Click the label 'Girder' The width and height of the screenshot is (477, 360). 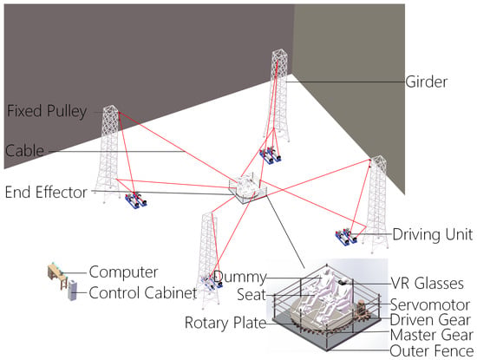[x=426, y=82]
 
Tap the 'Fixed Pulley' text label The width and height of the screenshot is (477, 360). [x=47, y=111]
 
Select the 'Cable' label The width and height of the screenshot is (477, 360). [x=24, y=151]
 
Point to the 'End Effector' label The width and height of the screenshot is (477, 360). [x=46, y=193]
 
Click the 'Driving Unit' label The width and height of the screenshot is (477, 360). [x=433, y=234]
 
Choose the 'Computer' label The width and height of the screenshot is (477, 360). [x=123, y=272]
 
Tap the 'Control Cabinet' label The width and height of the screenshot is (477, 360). [x=143, y=293]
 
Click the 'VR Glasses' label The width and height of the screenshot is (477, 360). [x=427, y=284]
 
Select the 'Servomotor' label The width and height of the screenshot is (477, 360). [x=430, y=305]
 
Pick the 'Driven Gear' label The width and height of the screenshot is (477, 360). [x=430, y=320]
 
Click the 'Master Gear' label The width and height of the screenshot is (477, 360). [x=432, y=335]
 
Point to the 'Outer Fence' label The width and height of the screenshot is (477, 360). [x=431, y=350]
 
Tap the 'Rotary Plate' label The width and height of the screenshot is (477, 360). [x=225, y=323]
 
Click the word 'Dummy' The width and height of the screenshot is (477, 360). [x=240, y=278]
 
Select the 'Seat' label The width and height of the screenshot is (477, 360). [x=252, y=295]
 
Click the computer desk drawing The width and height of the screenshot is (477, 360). [x=57, y=276]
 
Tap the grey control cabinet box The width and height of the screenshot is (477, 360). [x=72, y=290]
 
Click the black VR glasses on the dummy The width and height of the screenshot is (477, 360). [x=343, y=283]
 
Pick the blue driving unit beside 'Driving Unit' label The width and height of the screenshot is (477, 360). [x=346, y=237]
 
